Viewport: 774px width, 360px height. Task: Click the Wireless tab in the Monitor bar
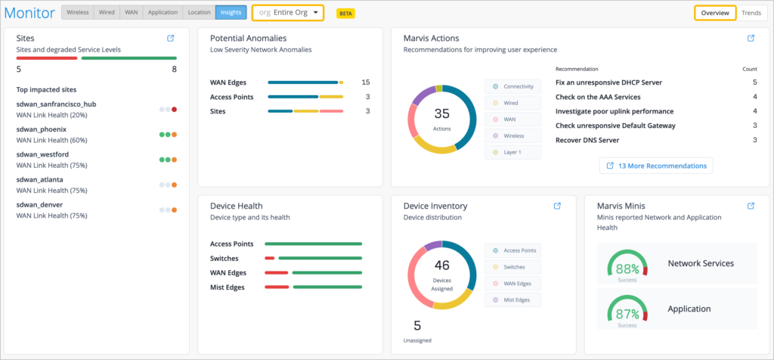(x=78, y=13)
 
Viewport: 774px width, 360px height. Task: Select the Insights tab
(x=231, y=13)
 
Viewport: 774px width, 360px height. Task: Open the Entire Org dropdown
(x=288, y=13)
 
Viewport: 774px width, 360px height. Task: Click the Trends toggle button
(x=751, y=13)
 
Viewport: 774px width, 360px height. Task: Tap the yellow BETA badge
(x=345, y=14)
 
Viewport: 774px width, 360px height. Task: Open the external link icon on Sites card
(x=170, y=38)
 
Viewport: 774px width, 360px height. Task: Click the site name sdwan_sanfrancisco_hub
(x=56, y=104)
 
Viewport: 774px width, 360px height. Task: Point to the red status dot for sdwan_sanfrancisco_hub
(x=175, y=109)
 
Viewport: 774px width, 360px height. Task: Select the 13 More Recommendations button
(x=656, y=166)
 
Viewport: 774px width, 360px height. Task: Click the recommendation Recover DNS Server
(x=587, y=140)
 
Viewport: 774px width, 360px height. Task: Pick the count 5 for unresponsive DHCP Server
(x=755, y=82)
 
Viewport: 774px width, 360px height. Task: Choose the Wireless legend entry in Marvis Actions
(x=513, y=136)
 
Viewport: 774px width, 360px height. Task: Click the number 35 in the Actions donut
(x=441, y=113)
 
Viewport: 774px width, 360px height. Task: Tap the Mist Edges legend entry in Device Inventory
(x=513, y=299)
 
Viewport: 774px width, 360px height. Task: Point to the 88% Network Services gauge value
(x=627, y=270)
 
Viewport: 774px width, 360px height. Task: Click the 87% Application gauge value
(x=627, y=314)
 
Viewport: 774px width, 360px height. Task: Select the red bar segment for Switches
(x=270, y=258)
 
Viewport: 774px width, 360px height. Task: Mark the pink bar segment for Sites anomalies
(x=331, y=111)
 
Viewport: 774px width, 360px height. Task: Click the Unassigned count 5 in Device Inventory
(x=417, y=326)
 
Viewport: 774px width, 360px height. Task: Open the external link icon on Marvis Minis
(x=751, y=206)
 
